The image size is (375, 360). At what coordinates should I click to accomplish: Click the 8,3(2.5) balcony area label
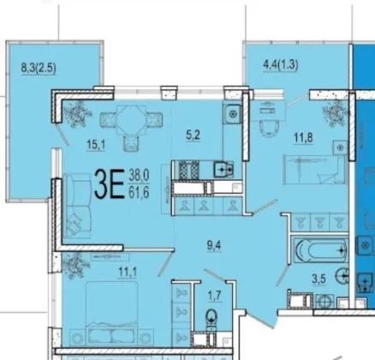click(x=39, y=69)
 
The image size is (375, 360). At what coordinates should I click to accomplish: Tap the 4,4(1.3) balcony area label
click(x=281, y=65)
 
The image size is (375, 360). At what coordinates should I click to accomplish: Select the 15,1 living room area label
click(x=96, y=145)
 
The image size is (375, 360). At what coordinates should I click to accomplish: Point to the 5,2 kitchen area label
click(x=193, y=135)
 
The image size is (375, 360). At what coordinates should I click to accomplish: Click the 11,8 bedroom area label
click(x=303, y=138)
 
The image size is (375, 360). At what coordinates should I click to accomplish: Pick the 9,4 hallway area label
click(x=214, y=245)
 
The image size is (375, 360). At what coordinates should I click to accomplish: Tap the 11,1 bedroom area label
click(x=128, y=272)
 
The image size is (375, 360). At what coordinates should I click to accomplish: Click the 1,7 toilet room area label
click(x=215, y=296)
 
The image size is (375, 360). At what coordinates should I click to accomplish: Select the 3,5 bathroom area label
click(x=318, y=279)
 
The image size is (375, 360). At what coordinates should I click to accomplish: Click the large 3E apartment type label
click(x=110, y=183)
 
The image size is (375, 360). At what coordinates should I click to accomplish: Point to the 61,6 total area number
click(x=139, y=193)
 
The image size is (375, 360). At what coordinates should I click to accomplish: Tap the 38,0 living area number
click(x=139, y=175)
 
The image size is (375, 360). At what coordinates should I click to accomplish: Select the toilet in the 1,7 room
click(x=211, y=319)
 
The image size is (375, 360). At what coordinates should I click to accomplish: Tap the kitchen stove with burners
click(x=188, y=170)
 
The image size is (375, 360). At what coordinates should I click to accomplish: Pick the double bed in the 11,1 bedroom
click(x=111, y=313)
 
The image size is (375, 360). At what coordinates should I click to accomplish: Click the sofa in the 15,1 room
click(x=78, y=206)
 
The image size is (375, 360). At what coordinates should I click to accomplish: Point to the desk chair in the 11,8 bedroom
click(x=269, y=128)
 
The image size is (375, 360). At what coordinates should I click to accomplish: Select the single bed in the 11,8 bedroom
click(x=315, y=170)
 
